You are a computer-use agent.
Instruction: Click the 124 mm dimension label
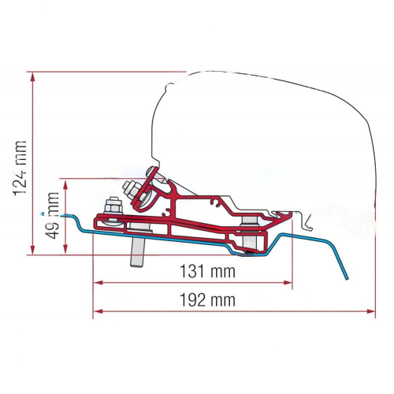pyautogui.click(x=20, y=169)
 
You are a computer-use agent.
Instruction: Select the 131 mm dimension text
pyautogui.click(x=207, y=271)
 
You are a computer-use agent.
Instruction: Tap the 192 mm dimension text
pyautogui.click(x=207, y=299)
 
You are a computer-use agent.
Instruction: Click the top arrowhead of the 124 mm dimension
pyautogui.click(x=32, y=76)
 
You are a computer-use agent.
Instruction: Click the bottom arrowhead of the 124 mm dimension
pyautogui.click(x=32, y=250)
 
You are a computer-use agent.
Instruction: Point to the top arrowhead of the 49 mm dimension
pyautogui.click(x=65, y=184)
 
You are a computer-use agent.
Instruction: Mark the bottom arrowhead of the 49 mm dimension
pyautogui.click(x=65, y=249)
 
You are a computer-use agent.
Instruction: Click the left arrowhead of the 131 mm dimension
pyautogui.click(x=98, y=283)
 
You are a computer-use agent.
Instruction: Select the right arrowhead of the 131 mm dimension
pyautogui.click(x=288, y=283)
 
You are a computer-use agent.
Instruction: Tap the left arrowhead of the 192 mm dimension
pyautogui.click(x=98, y=311)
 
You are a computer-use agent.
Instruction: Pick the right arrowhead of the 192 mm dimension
pyautogui.click(x=370, y=311)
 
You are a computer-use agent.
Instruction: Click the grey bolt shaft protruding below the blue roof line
pyautogui.click(x=137, y=251)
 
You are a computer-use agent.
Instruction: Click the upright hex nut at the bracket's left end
pyautogui.click(x=113, y=205)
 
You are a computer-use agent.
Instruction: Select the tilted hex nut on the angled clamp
pyautogui.click(x=132, y=190)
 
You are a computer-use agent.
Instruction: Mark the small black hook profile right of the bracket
pyautogui.click(x=307, y=222)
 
